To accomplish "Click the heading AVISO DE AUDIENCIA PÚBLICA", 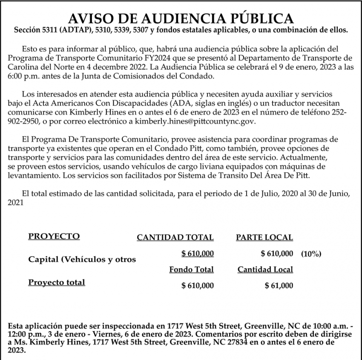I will tap(181, 18).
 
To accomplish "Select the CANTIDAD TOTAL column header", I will tap(175, 238).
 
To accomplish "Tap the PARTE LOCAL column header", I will tap(264, 238).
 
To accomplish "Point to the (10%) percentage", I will tap(311, 254).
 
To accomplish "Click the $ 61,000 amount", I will tap(279, 286).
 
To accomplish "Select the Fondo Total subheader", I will tap(191, 270).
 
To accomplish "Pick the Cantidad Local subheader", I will tap(265, 270).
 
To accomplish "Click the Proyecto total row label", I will tap(57, 282).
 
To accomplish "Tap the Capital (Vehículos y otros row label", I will tap(82, 259).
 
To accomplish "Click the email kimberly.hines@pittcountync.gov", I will tap(195, 122).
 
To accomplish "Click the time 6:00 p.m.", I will tap(22, 76).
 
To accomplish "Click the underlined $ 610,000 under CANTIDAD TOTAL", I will tap(197, 254).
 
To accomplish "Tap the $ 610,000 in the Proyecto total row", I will tap(197, 286).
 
